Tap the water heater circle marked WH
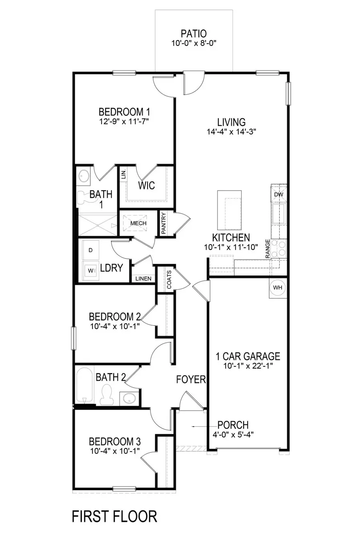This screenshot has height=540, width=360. [x=278, y=288]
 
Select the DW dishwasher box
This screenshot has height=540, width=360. [x=279, y=195]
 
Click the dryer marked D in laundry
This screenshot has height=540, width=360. [x=90, y=250]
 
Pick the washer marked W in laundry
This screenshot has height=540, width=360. [x=90, y=270]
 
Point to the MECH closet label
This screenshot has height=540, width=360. [x=138, y=223]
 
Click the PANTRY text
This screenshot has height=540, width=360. [x=164, y=223]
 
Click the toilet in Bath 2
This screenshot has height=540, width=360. [x=107, y=395]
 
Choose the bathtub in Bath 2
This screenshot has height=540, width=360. [x=84, y=386]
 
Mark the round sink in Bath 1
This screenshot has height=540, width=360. [x=84, y=176]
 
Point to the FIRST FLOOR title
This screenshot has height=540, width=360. [x=114, y=516]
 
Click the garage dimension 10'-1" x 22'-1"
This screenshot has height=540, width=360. [x=248, y=366]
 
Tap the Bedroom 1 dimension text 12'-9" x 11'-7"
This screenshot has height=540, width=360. [x=124, y=121]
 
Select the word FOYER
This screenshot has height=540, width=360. [x=191, y=379]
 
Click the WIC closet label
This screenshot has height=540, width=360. [x=146, y=186]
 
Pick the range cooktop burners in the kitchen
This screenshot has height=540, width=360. [x=280, y=249]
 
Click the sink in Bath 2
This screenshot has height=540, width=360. [x=129, y=398]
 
